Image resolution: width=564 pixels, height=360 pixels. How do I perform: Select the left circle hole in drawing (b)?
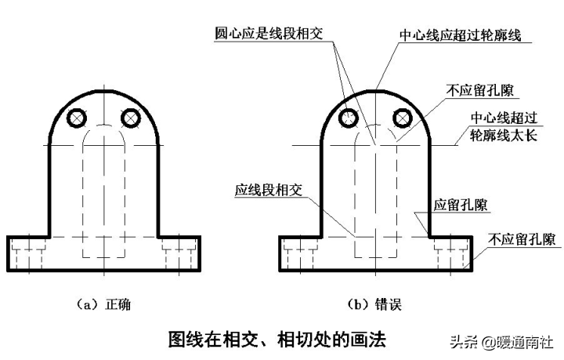coord(349,118)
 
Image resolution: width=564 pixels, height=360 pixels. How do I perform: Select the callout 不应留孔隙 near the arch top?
coord(472,89)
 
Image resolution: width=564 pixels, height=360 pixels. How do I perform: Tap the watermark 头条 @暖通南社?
coord(501,342)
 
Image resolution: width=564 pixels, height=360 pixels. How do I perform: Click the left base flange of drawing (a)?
coord(28,253)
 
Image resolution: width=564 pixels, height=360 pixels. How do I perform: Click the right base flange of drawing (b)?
coord(450,253)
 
